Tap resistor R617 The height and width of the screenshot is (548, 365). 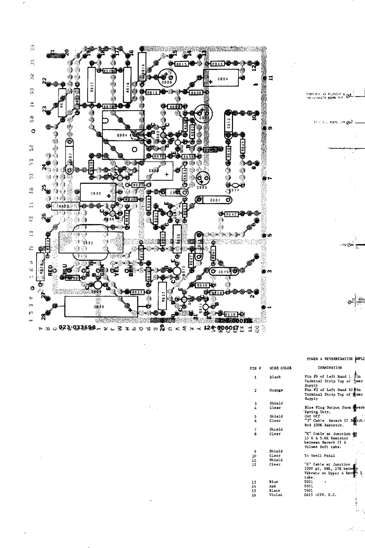92,85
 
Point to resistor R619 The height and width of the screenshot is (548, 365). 128,85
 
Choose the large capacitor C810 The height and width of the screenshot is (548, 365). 101,306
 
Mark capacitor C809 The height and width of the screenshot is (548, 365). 98,193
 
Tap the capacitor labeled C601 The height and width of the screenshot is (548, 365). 214,200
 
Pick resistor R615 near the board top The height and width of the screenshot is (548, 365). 181,64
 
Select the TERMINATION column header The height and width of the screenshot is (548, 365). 330,368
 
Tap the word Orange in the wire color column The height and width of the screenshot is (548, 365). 276,390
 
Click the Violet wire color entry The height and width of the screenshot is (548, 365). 276,495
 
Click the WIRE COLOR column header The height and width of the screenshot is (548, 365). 280,368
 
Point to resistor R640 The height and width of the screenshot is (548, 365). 202,285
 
